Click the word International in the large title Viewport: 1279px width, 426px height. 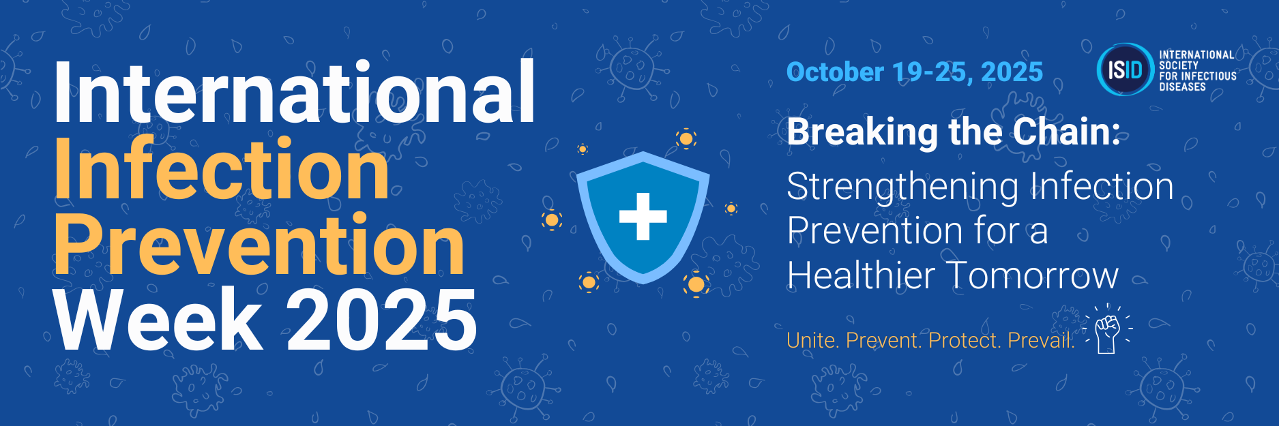coord(294,92)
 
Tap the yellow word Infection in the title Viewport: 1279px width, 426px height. coord(222,168)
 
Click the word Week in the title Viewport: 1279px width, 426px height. coord(158,318)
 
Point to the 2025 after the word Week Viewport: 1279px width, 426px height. coord(381,319)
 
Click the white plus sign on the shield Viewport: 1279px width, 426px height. coord(643,217)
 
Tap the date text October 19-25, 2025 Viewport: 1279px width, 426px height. coord(915,72)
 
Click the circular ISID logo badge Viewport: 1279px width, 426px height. coord(1125,70)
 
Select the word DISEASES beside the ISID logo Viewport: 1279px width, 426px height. coord(1182,87)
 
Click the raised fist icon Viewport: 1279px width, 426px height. coord(1107,332)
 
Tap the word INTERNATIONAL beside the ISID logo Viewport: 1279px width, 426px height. coord(1196,55)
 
